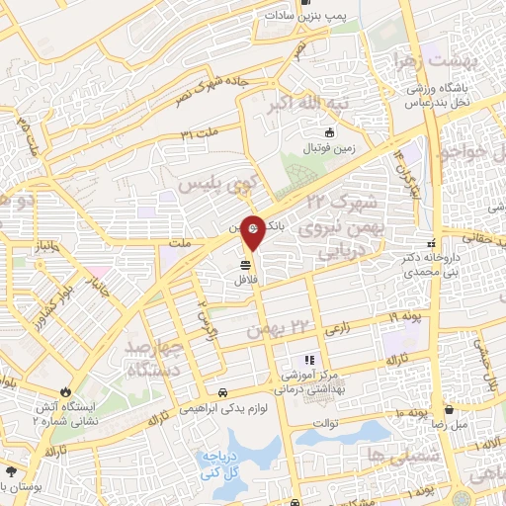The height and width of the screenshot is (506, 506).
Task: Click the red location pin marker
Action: pos(253,231)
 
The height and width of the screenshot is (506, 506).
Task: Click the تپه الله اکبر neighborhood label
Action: pos(283,104)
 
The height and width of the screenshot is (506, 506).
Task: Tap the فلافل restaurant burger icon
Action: pos(244,264)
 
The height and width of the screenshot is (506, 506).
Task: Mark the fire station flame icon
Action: pos(67,392)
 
